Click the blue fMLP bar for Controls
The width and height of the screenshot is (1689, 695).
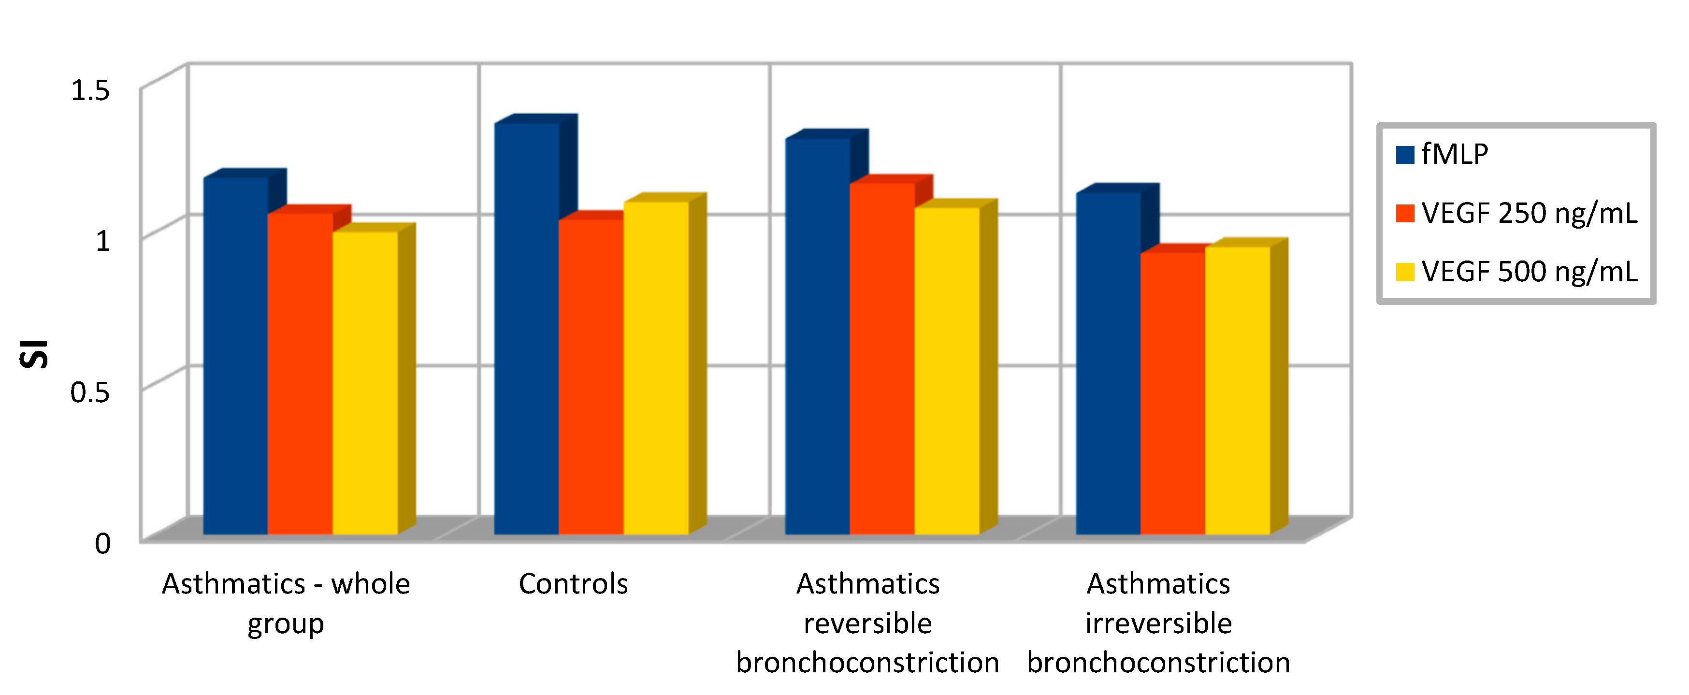coord(526,328)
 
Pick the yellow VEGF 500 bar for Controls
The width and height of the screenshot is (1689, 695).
coord(656,367)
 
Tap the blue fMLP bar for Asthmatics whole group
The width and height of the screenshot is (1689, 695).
coord(235,355)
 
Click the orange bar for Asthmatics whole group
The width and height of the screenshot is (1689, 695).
coord(300,373)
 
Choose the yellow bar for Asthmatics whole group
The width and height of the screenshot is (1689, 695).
coord(365,382)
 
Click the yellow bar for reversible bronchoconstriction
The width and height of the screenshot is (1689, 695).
coord(947,370)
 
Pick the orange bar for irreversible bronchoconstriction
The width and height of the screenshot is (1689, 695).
coord(1173,393)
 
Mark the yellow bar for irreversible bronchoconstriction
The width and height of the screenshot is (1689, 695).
coord(1238,390)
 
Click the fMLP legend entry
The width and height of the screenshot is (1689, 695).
coord(1443,155)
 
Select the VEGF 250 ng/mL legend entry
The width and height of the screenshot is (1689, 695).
coord(1516,213)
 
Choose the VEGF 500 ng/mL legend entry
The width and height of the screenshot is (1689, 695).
coord(1516,272)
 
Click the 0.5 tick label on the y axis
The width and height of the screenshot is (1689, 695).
coord(90,392)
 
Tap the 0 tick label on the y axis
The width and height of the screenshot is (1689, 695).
coord(103,543)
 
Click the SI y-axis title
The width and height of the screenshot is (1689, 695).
coord(33,354)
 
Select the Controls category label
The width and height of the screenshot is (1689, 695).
coord(573,583)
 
